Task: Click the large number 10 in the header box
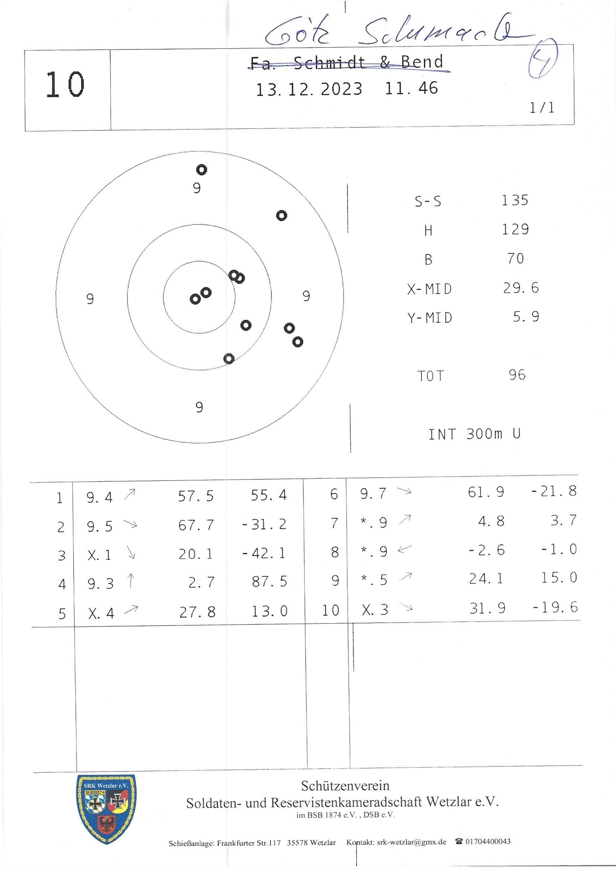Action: tap(65, 85)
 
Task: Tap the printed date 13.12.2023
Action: tap(309, 90)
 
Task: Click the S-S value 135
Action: tap(515, 200)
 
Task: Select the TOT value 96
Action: tap(517, 375)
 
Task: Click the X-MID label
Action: tap(429, 289)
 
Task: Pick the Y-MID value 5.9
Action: tap(526, 317)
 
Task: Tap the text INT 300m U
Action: tap(474, 434)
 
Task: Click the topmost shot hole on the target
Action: tap(202, 170)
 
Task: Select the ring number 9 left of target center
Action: tap(90, 299)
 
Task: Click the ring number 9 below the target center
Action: tap(199, 407)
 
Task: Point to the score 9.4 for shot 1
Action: tap(99, 497)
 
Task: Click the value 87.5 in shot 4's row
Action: tap(270, 582)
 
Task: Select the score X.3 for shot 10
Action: tap(375, 610)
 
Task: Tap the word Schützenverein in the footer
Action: tap(345, 786)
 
